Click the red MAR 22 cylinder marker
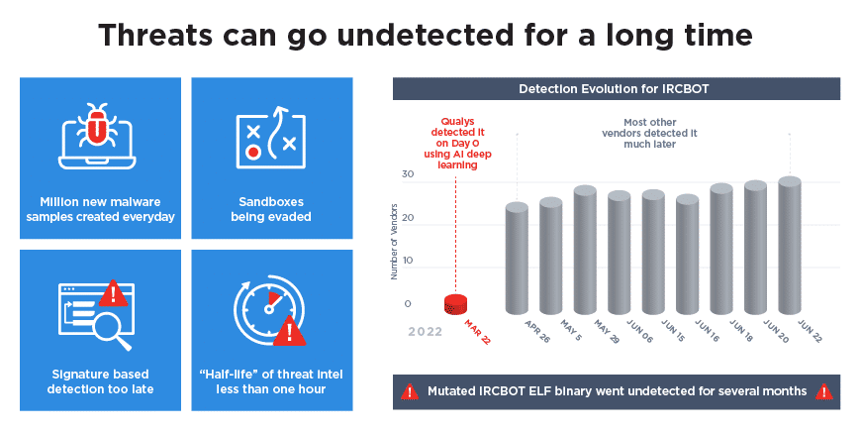pos(455,304)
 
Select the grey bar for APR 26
pos(517,258)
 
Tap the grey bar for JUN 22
pos(790,245)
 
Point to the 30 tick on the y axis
pos(408,174)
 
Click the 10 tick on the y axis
pos(408,260)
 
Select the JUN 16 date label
pos(707,331)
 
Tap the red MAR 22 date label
pos(477,332)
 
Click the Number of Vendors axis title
pos(394,242)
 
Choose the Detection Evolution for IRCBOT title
pos(614,89)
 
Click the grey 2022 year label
pos(425,331)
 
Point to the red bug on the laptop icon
pos(97,125)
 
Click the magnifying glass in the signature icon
pos(112,331)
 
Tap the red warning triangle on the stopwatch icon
pos(289,331)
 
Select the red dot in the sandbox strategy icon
pos(252,153)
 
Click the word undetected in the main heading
pos(425,36)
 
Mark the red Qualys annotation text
pos(457,144)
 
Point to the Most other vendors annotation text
pos(649,133)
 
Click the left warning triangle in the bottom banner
pos(410,392)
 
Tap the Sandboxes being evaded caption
pos(271,209)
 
